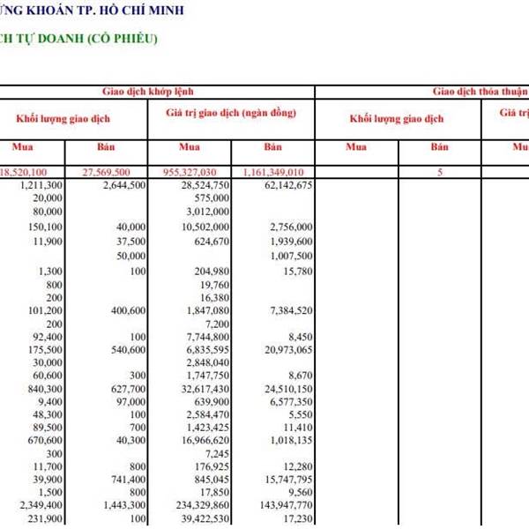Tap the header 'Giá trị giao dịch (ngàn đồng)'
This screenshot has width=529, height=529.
tap(230, 114)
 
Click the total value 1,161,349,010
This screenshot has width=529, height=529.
tap(271, 172)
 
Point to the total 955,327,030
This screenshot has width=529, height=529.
tap(198, 172)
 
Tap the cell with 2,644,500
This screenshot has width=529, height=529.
tap(124, 185)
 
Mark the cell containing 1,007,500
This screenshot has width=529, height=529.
tap(290, 256)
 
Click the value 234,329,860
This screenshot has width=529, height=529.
tap(198, 505)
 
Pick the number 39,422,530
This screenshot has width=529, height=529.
tap(202, 519)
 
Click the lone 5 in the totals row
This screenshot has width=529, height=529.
tap(439, 173)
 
